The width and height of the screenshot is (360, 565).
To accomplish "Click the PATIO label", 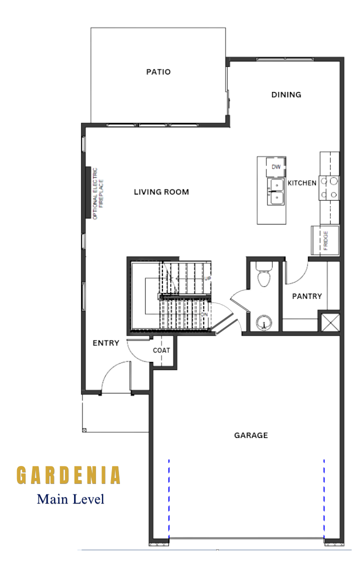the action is tap(158, 71).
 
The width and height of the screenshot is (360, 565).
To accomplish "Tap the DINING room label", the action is tap(286, 95).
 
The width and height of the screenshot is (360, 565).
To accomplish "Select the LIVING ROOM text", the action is tap(161, 192).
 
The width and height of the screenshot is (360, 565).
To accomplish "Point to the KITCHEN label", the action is tap(302, 183).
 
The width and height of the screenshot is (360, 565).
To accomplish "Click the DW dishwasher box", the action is tap(275, 167).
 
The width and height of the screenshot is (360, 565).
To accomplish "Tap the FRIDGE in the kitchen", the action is tap(325, 240).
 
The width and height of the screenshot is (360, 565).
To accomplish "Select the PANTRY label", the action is tap(307, 296).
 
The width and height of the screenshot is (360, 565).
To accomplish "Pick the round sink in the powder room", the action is tap(263, 323).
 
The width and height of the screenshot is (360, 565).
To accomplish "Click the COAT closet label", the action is tap(161, 350).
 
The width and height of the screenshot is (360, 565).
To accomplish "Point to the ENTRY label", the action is tap(106, 343).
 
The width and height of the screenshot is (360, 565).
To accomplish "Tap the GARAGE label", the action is tap(251, 435).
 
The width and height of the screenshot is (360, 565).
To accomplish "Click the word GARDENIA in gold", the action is tap(68, 475).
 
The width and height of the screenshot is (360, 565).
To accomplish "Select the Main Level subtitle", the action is tap(70, 499).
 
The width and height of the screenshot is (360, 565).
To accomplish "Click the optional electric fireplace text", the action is tap(98, 193).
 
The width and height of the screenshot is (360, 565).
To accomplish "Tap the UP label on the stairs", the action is tap(207, 279).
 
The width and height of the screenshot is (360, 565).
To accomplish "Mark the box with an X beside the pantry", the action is tap(330, 322).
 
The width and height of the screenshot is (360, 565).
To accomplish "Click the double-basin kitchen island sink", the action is tap(275, 192).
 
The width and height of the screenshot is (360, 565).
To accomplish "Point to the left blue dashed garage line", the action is tap(169, 499).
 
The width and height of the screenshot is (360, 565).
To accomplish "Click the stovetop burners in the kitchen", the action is tap(329, 187).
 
